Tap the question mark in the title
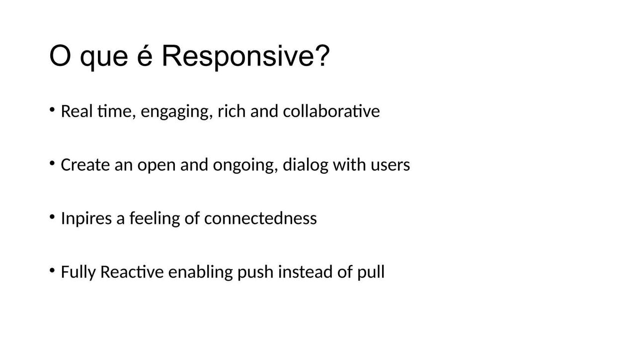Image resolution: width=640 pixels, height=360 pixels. point(323,56)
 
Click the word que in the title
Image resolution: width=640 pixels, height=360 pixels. point(104,59)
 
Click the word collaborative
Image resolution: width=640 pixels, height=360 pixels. point(331,111)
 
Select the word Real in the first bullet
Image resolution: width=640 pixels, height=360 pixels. point(77,111)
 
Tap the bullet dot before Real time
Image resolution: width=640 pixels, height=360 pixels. point(52,109)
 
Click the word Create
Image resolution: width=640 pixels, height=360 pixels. point(85,165)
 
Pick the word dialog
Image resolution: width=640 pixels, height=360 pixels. point(306,165)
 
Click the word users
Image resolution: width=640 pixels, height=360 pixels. point(390,165)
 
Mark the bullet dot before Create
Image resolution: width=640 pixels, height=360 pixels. point(52,163)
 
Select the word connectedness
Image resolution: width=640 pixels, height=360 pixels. point(260,218)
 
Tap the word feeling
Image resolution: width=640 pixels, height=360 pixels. point(155,218)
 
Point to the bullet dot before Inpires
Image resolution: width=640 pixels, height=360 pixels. point(52,216)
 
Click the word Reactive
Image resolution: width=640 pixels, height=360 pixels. point(132,272)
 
